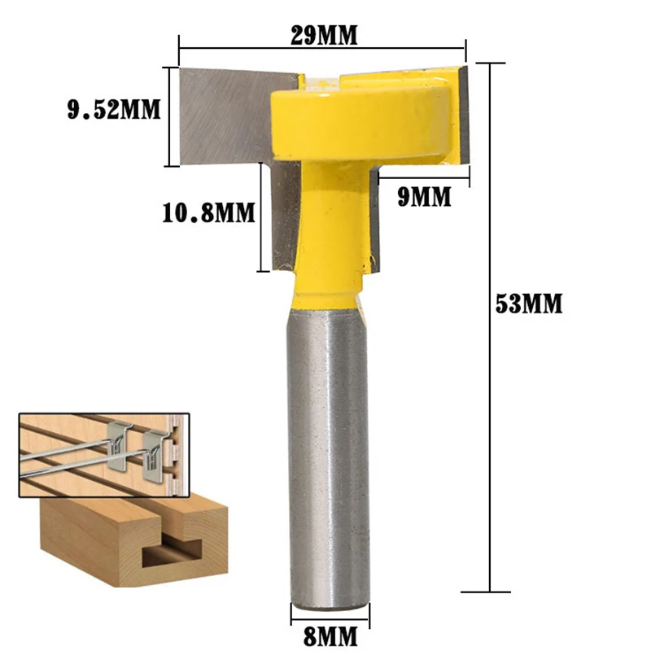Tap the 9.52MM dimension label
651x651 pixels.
click(x=114, y=108)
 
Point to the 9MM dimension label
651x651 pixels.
click(x=424, y=197)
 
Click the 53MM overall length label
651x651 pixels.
click(x=529, y=304)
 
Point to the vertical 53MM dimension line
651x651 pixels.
click(x=490, y=325)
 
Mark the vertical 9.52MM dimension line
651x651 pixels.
click(x=170, y=116)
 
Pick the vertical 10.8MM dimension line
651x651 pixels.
click(x=260, y=216)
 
